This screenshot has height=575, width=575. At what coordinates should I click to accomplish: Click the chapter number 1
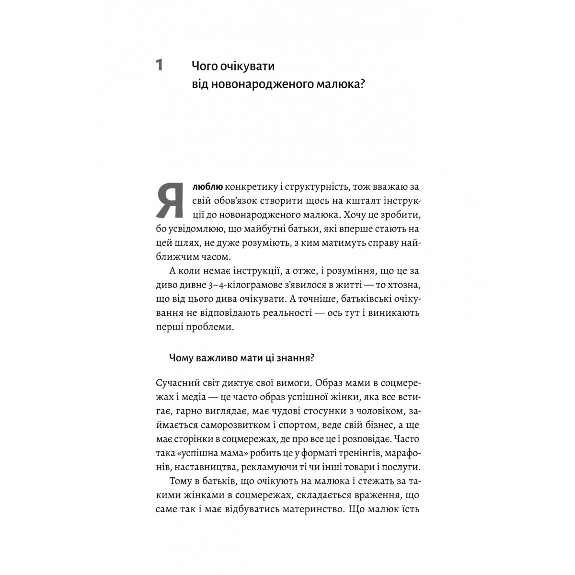pos(160,65)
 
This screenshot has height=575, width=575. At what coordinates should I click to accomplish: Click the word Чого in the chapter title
pos(205,66)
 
